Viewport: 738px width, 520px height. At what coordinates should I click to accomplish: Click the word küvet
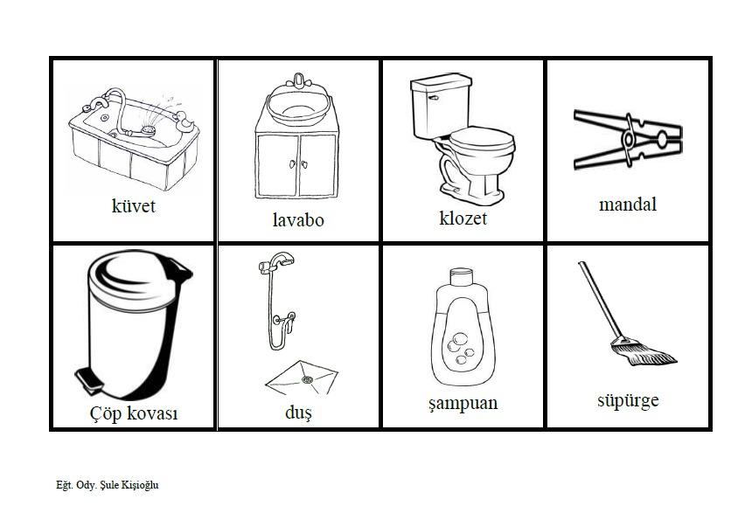tap(133, 206)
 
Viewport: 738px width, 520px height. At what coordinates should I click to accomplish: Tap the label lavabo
tap(298, 219)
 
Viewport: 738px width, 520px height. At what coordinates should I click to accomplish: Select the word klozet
tap(463, 218)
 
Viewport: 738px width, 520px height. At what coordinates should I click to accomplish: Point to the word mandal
tap(628, 205)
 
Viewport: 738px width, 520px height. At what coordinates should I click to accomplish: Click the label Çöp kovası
tap(133, 413)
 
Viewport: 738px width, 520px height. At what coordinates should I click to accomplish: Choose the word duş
tap(298, 413)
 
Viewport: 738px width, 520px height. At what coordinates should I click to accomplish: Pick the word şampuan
tap(463, 404)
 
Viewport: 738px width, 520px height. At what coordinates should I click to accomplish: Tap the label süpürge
tap(628, 401)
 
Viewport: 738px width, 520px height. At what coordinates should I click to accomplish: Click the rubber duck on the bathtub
tap(183, 121)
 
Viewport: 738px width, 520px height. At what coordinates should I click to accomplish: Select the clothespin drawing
tap(628, 140)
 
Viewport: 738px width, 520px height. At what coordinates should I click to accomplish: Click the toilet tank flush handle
tap(433, 98)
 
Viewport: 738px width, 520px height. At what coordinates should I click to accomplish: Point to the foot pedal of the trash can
tap(88, 378)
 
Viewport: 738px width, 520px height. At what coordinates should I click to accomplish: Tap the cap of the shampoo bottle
tap(462, 277)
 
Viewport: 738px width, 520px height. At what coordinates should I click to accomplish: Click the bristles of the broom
tap(644, 353)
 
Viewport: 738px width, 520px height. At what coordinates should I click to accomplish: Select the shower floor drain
tap(307, 378)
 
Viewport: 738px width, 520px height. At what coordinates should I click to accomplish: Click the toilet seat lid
tap(481, 139)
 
